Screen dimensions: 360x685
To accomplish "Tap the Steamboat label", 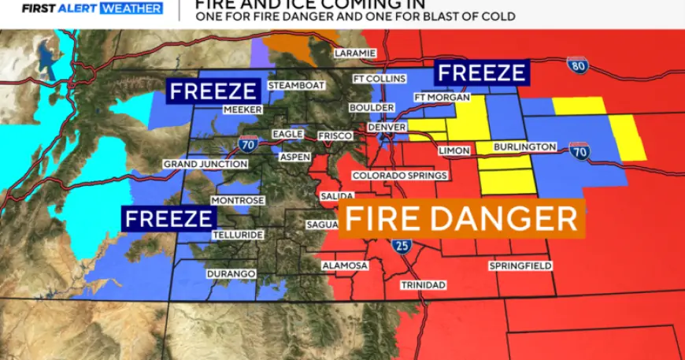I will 296,85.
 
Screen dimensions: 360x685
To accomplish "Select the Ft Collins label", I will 379,79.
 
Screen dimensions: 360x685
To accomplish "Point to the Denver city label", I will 387,128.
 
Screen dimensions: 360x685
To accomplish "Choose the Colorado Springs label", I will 399,176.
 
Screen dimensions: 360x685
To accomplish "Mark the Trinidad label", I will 423,284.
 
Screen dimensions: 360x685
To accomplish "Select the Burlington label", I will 524,147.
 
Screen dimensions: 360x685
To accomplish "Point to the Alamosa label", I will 345,265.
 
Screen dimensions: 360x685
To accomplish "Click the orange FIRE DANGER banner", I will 462,218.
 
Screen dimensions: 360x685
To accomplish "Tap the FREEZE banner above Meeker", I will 214,91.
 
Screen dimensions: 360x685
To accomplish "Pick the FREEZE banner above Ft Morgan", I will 481,73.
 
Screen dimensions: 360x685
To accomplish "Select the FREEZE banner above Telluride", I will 168,217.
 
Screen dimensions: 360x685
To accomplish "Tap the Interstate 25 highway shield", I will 402,245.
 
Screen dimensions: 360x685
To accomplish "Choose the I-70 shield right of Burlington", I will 579,153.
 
